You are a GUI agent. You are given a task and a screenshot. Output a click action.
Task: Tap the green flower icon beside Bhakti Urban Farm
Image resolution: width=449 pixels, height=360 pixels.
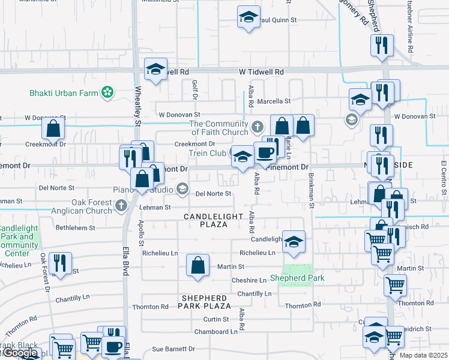tap(107, 92)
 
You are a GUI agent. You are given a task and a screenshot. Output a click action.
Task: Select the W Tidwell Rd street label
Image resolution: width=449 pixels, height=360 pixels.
tap(261, 72)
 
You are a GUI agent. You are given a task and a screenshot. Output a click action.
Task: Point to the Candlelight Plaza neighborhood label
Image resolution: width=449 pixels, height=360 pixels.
tap(214, 220)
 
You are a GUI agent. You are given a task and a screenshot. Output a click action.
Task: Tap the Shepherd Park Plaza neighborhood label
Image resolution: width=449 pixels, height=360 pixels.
tap(204, 302)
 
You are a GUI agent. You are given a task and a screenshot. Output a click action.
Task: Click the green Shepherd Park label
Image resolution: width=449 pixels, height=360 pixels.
tap(297, 278)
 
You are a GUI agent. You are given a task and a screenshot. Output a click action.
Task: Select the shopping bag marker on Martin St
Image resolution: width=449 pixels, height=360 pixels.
tap(197, 266)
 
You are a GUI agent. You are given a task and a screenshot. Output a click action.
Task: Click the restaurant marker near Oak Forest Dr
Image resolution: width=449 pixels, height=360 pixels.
tap(60, 263)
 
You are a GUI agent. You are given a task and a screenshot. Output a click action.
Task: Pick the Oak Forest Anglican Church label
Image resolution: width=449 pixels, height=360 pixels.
tap(92, 206)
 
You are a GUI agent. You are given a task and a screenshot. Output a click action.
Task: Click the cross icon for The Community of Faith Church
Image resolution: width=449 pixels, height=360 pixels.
tap(258, 127)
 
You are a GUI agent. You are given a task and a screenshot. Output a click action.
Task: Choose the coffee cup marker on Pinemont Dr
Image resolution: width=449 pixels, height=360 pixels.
tap(265, 152)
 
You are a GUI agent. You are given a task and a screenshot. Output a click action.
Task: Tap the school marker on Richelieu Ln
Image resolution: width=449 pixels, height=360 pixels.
tap(294, 242)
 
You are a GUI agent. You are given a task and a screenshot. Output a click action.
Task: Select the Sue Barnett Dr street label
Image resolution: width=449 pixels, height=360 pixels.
tap(173, 349)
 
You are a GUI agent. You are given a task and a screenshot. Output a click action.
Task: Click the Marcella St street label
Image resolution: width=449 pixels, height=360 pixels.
tap(274, 101)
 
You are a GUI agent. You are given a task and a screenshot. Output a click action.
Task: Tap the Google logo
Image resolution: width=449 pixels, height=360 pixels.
tap(21, 353)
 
